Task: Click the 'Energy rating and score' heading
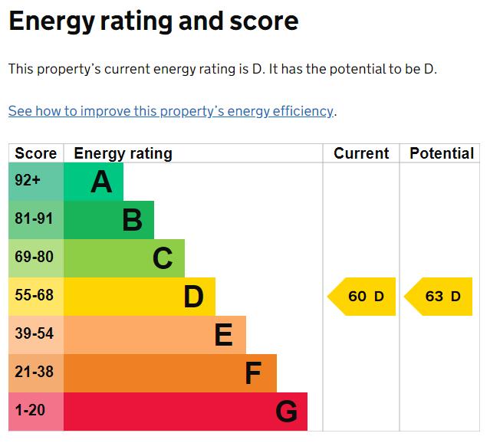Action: [154, 21]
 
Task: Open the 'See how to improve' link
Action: [171, 111]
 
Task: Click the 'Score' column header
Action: [36, 153]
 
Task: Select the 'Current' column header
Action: [361, 153]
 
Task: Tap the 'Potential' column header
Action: [442, 153]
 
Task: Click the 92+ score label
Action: [28, 180]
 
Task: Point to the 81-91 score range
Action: [34, 218]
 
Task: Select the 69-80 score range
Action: [34, 257]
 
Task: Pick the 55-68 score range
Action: [34, 295]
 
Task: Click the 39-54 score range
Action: [34, 333]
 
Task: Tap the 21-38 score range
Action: [34, 372]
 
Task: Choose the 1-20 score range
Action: [30, 410]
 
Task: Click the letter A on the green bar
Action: [101, 182]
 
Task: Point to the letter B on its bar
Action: [133, 220]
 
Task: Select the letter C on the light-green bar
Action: [163, 258]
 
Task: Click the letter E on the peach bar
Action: [224, 335]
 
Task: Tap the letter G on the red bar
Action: [287, 411]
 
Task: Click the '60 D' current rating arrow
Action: [362, 297]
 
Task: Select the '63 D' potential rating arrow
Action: [438, 297]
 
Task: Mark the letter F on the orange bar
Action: [253, 373]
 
